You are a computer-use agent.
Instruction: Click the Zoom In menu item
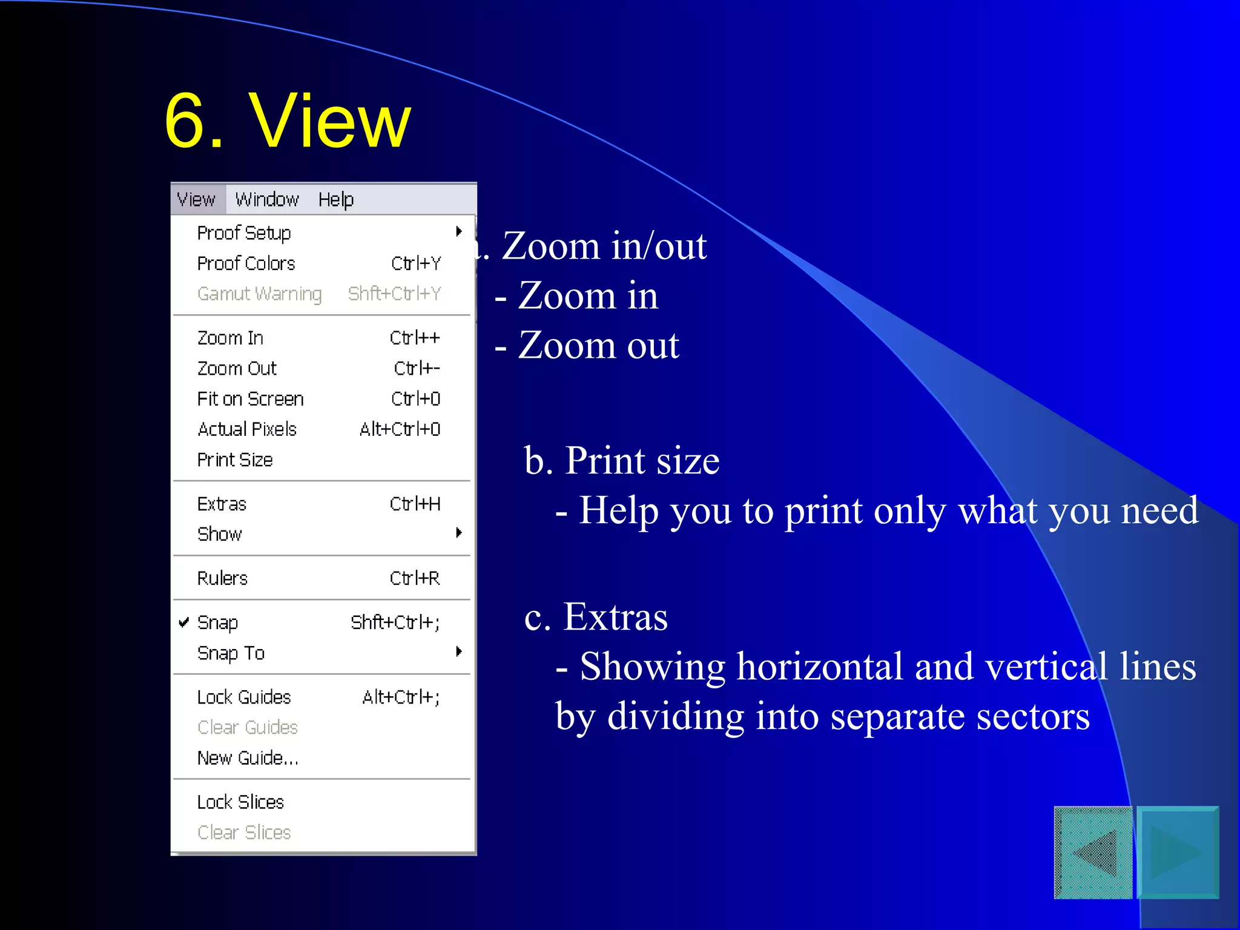(231, 338)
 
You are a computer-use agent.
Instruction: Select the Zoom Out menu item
(237, 368)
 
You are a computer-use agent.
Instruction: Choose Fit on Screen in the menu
(250, 399)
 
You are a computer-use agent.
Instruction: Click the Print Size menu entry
(235, 460)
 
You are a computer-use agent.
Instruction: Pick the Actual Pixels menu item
(247, 429)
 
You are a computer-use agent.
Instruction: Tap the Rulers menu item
(222, 578)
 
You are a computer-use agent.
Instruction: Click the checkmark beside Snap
(184, 622)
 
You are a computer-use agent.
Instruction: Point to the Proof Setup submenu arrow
(459, 231)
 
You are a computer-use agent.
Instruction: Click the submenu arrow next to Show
(459, 533)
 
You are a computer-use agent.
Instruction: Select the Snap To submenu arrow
(459, 651)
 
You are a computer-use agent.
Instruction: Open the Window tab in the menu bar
(267, 200)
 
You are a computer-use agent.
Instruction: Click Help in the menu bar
(336, 200)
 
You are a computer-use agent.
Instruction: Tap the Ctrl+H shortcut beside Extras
(415, 504)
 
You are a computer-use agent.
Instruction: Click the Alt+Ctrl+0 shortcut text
(400, 429)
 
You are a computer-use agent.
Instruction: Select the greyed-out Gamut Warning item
(259, 294)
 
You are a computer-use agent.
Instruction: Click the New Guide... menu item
(248, 758)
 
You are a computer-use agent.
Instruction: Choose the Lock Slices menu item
(240, 802)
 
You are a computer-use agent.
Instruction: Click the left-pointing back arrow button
(1093, 852)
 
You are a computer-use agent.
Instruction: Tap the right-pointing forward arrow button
(1178, 852)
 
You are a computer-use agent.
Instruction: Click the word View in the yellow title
(330, 121)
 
